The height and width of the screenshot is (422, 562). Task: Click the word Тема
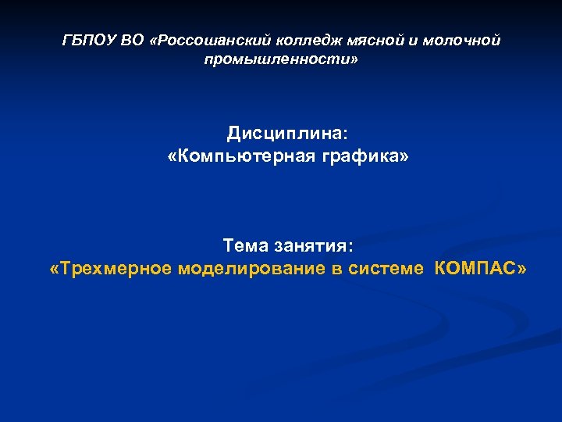(x=245, y=246)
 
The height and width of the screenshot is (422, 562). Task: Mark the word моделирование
(x=243, y=269)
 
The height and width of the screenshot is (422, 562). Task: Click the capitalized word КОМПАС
(x=473, y=269)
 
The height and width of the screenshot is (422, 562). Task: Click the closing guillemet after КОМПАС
(x=521, y=269)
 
